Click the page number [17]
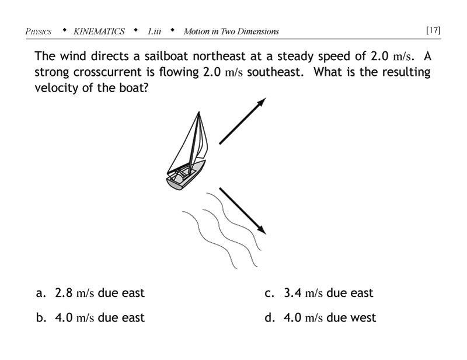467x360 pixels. coord(433,30)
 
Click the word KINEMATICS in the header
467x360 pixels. coord(99,32)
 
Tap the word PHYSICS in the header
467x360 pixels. coord(39,32)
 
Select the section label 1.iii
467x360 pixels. coord(154,32)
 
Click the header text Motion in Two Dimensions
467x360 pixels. coord(231,32)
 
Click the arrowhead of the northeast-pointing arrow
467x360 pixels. coord(262,102)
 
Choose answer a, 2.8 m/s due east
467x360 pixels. coord(90,293)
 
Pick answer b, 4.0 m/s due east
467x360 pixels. coord(90,317)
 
